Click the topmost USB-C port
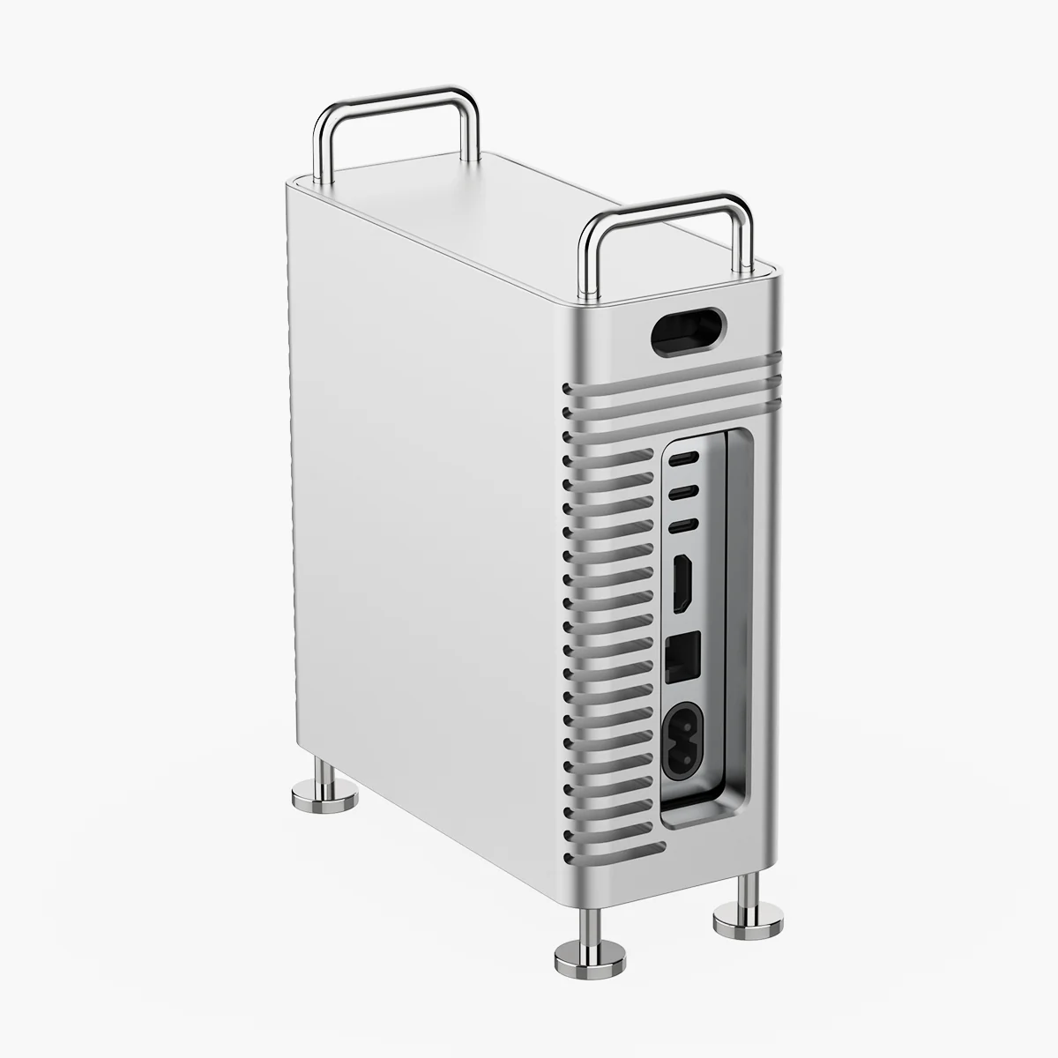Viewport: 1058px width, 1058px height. (x=686, y=458)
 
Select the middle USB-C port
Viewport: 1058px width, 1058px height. (x=686, y=492)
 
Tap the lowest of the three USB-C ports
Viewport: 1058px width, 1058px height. (x=686, y=526)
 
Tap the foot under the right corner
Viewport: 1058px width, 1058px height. (x=745, y=917)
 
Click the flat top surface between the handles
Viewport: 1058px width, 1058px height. (x=529, y=203)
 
